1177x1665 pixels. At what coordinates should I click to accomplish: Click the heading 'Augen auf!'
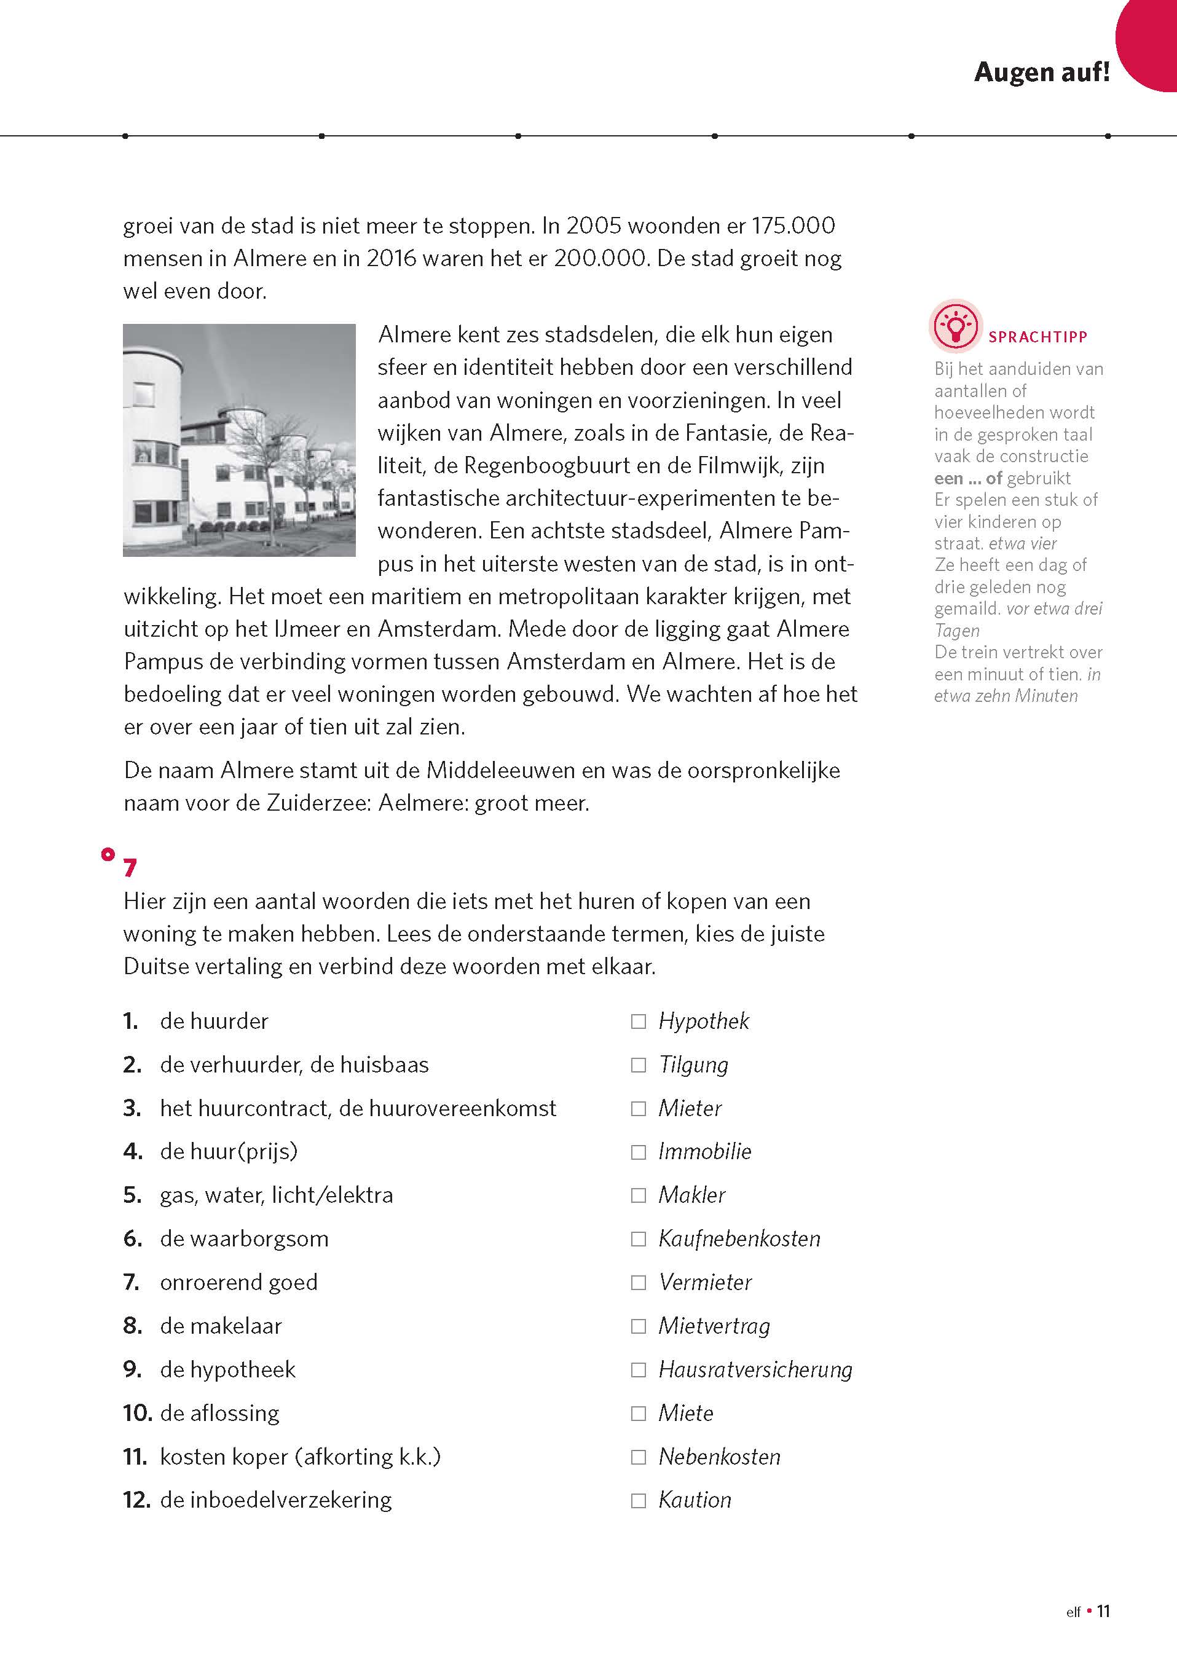click(1041, 72)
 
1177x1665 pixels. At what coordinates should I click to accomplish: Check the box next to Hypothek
click(638, 1021)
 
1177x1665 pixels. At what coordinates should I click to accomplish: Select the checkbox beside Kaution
click(638, 1500)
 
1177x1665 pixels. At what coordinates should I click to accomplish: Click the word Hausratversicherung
click(755, 1370)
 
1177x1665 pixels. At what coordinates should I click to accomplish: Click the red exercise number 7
click(130, 868)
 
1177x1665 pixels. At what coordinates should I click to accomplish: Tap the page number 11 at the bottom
click(1103, 1632)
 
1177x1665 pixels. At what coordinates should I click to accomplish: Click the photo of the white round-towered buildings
click(239, 440)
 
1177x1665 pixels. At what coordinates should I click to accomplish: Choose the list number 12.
click(136, 1500)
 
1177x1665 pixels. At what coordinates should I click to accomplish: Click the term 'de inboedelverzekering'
click(275, 1500)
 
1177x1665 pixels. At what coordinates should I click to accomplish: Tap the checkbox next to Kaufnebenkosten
click(638, 1238)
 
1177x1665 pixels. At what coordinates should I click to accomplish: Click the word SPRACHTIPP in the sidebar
click(1037, 337)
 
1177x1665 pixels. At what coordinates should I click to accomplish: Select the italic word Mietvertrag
click(714, 1326)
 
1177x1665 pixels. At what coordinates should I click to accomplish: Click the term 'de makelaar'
click(221, 1326)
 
